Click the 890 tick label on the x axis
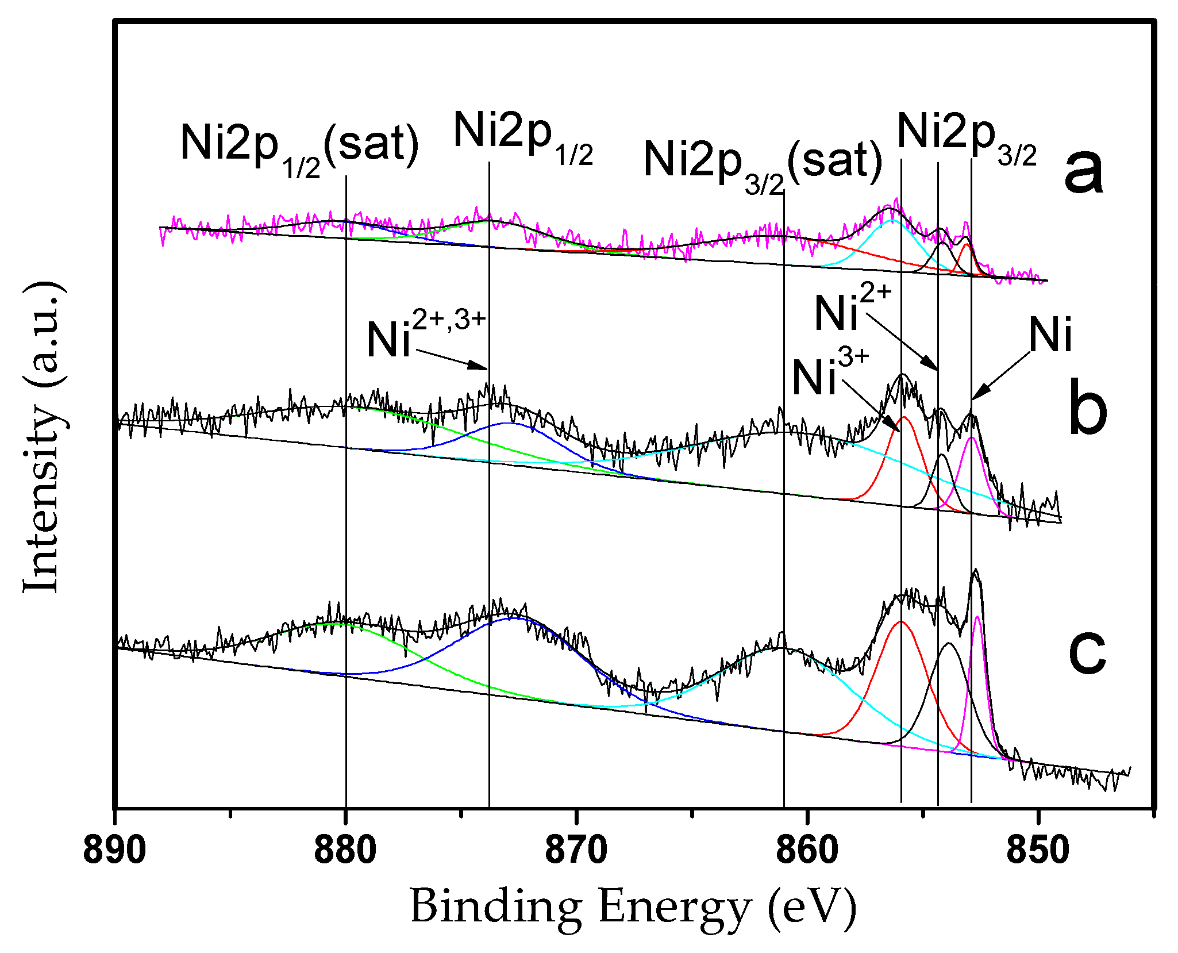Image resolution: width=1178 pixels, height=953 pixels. (x=114, y=851)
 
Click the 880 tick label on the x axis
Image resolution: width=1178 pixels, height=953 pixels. (x=345, y=851)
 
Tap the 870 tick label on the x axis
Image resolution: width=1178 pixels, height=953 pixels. (x=576, y=851)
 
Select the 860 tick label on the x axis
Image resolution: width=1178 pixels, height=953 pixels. (x=807, y=851)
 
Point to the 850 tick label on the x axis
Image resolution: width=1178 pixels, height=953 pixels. (x=1038, y=851)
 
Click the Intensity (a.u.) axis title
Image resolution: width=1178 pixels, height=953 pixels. (x=43, y=437)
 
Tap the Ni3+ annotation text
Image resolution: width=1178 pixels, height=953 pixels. (x=830, y=374)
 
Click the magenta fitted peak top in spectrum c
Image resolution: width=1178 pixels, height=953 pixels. (x=977, y=617)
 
